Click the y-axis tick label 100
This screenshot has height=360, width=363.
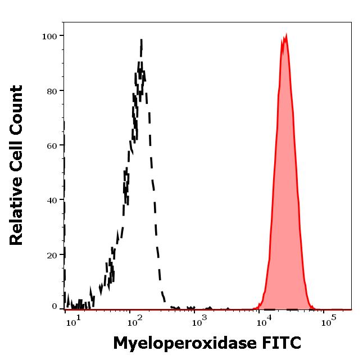click(x=50, y=37)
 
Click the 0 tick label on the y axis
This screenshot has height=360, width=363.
click(x=55, y=307)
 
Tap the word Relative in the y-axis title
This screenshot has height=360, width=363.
click(x=17, y=215)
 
